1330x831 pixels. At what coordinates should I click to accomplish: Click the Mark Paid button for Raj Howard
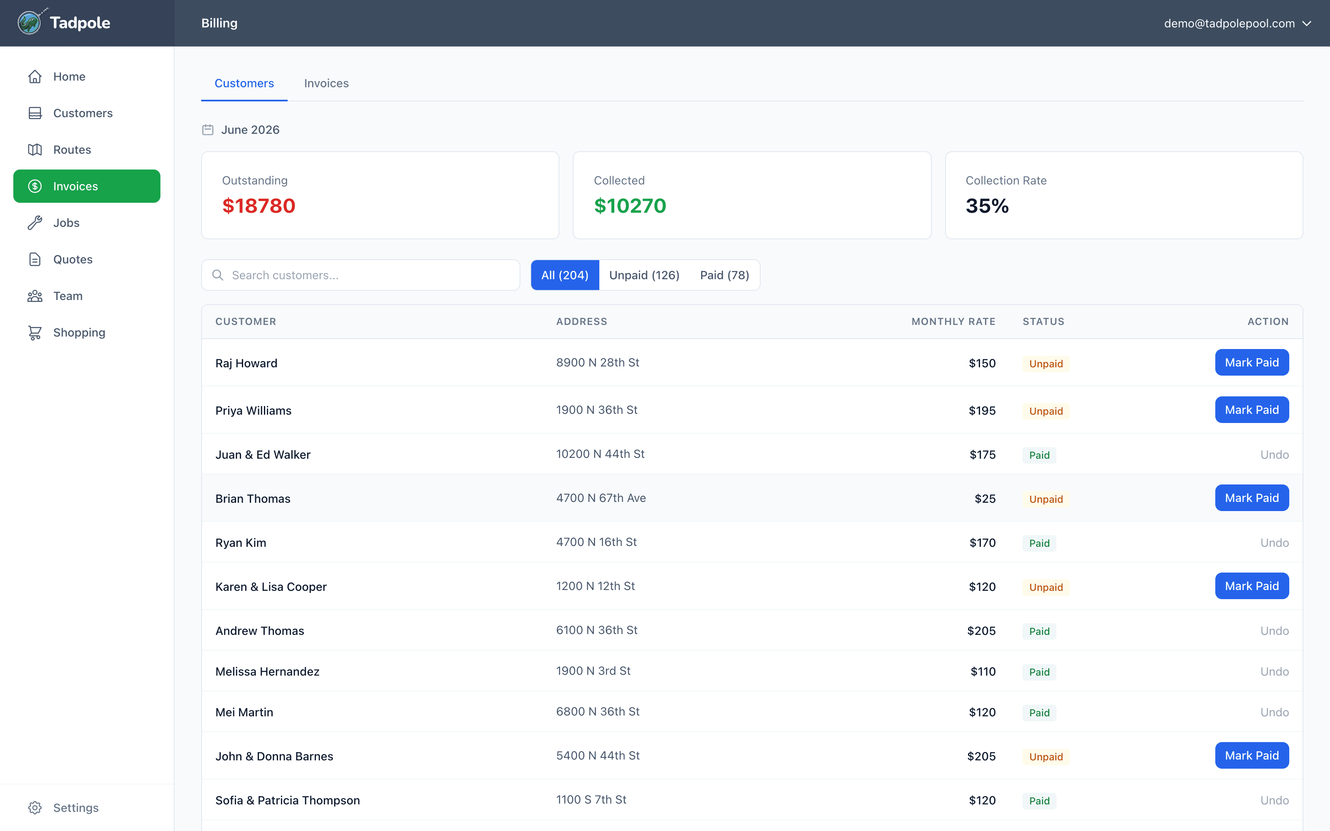(x=1251, y=363)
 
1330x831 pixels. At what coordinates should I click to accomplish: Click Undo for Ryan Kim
(x=1274, y=543)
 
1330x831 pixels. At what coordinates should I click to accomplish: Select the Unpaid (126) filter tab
(x=644, y=275)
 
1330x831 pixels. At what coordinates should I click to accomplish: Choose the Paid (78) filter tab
(x=724, y=275)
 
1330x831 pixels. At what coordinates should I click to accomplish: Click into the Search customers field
(x=360, y=275)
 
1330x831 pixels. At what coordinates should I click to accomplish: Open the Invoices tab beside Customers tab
(x=326, y=84)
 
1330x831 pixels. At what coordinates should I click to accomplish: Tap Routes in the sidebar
(x=72, y=150)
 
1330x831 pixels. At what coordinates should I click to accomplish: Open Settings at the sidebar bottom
(x=76, y=808)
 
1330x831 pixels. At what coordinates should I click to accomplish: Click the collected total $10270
(x=630, y=206)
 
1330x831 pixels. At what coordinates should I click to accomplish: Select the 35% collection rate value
(x=987, y=206)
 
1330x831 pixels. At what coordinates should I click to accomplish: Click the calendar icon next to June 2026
(x=208, y=130)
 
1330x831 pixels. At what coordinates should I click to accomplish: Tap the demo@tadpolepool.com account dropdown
(x=1238, y=24)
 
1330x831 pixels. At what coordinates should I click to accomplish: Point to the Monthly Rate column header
(x=953, y=322)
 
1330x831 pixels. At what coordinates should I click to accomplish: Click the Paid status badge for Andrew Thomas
(x=1039, y=632)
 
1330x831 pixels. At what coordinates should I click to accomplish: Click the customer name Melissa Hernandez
(x=267, y=671)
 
